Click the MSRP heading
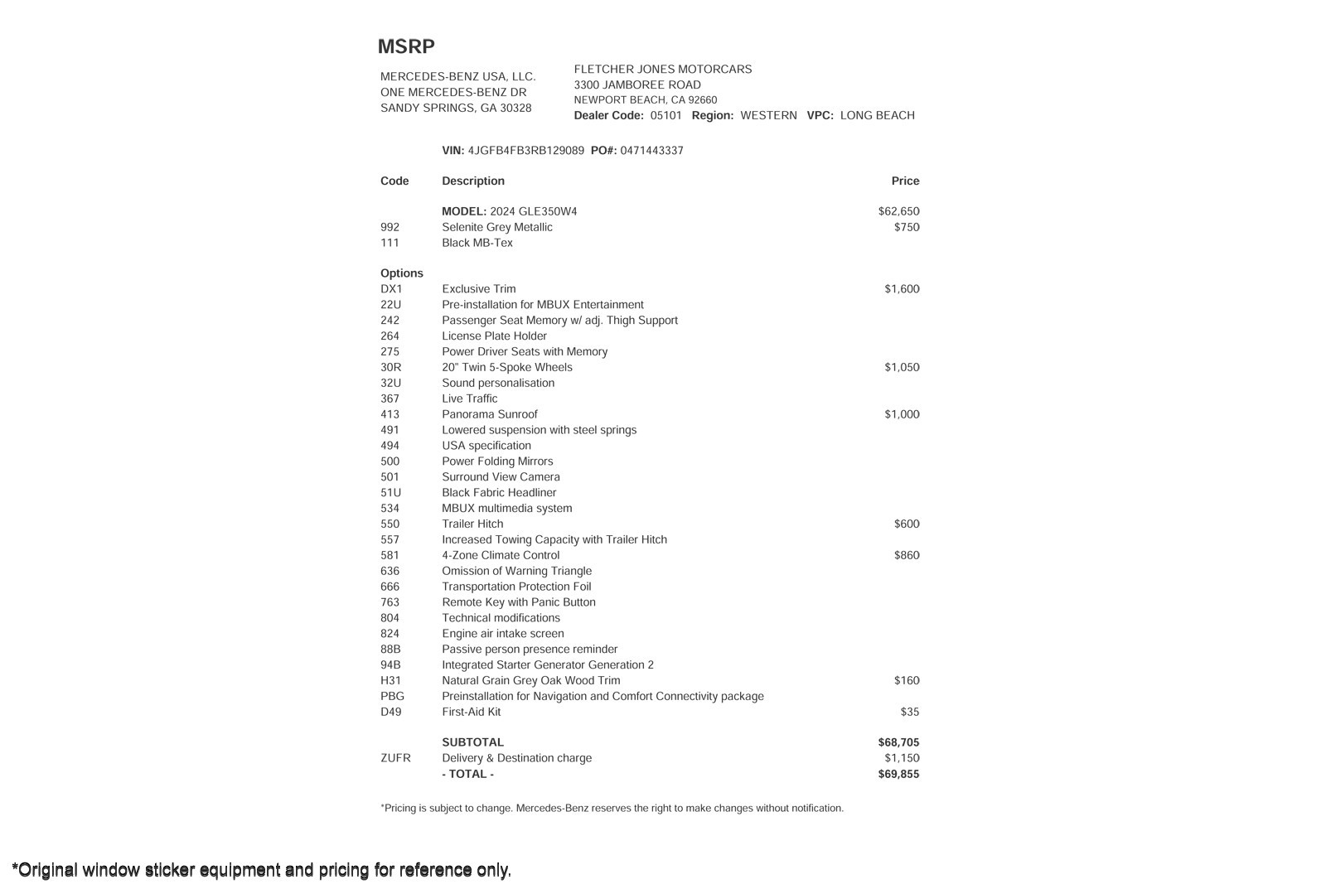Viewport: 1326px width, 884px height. tap(406, 47)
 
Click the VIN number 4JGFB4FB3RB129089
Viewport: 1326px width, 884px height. tap(525, 151)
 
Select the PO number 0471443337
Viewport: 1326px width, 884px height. tap(651, 151)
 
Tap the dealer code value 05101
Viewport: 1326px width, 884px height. tap(665, 116)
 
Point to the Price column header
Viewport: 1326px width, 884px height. tap(905, 181)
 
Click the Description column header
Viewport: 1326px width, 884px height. tap(473, 181)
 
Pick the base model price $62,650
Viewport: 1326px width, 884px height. tap(898, 212)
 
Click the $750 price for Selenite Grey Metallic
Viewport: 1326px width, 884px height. tap(907, 228)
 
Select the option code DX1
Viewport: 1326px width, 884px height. tap(391, 289)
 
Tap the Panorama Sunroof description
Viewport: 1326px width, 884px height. tap(490, 415)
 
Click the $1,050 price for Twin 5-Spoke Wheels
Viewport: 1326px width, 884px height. tap(902, 368)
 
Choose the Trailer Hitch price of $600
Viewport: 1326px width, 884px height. tap(907, 524)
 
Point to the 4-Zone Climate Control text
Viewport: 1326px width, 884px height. tap(501, 556)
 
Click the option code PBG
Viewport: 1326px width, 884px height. tap(393, 697)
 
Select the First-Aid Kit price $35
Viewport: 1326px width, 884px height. tap(910, 713)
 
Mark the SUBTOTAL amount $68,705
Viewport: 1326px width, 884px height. tap(898, 743)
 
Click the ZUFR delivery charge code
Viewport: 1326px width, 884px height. tap(395, 759)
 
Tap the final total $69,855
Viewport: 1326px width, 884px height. tap(898, 775)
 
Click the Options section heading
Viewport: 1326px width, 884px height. tap(402, 273)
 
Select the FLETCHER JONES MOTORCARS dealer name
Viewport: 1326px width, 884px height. tap(663, 70)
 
